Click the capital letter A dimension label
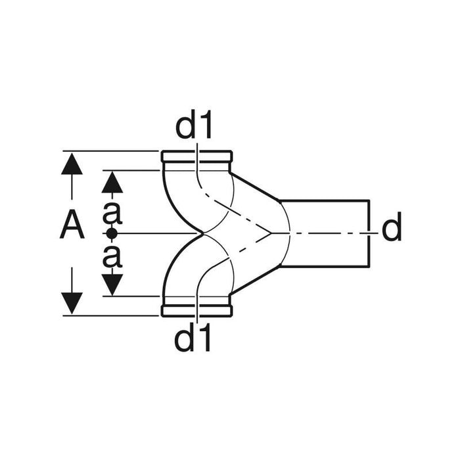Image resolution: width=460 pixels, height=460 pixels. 72,227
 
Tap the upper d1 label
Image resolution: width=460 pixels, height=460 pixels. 195,126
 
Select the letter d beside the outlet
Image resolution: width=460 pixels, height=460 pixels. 392,228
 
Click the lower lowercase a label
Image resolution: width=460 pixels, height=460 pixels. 112,256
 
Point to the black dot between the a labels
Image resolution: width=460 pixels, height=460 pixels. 112,233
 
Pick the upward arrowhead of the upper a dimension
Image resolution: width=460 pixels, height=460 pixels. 112,181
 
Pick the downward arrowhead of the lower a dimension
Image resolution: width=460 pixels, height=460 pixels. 112,284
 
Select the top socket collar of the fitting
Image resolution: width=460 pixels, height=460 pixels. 197,158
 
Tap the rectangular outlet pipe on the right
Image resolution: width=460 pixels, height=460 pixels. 325,232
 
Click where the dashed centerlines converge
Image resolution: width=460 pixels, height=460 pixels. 269,233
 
